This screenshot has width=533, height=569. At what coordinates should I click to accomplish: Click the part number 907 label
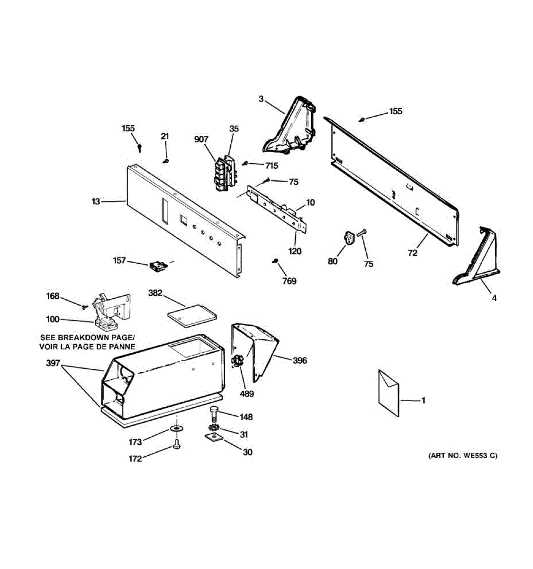201,139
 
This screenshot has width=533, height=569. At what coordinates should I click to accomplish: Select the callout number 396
299,360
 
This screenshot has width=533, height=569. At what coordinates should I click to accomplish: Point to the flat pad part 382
191,316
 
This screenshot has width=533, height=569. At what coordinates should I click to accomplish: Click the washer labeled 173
176,429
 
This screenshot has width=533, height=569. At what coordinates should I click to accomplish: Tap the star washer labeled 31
214,428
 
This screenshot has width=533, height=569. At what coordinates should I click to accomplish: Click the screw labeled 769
274,261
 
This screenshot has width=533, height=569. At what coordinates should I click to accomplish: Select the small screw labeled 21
166,161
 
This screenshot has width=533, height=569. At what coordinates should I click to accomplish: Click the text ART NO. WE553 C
462,456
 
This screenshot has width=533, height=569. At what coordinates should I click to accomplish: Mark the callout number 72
413,253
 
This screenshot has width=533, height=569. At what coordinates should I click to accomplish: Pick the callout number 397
53,363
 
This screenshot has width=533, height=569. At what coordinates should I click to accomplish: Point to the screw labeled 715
245,164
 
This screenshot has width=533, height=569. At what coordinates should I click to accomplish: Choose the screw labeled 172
176,445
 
